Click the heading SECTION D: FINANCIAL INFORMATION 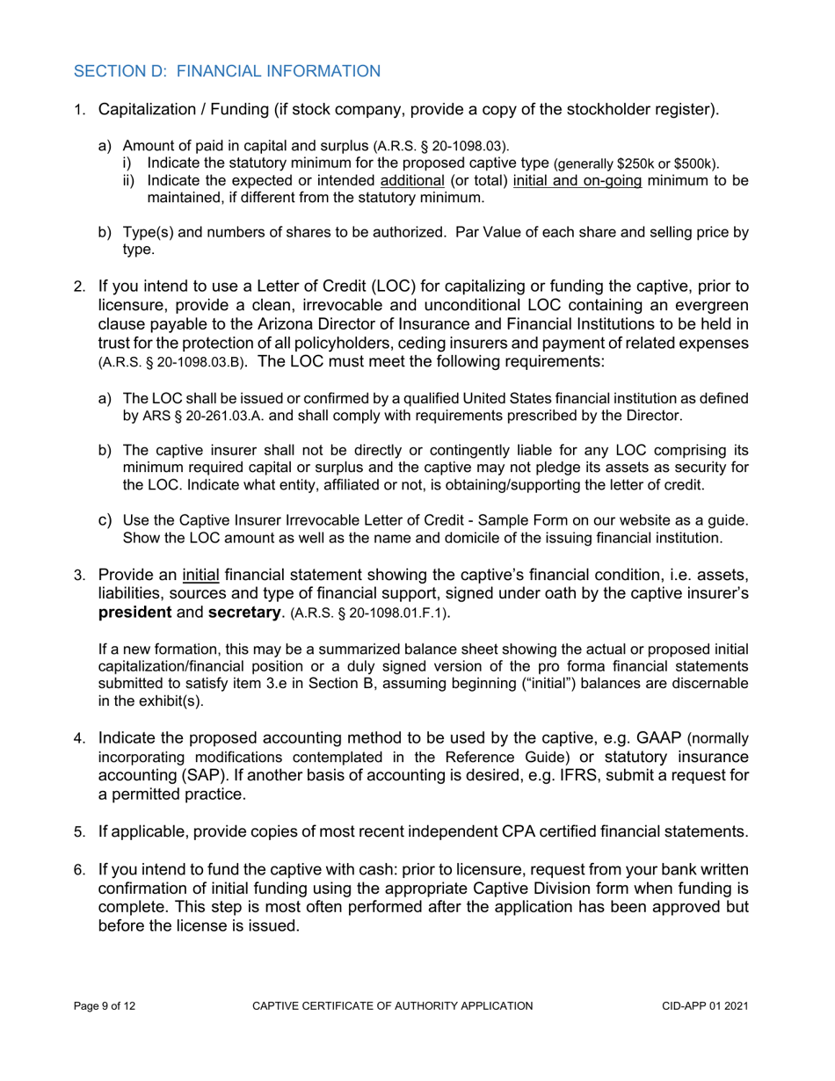click(228, 71)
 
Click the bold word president click(138, 613)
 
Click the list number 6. click(79, 870)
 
